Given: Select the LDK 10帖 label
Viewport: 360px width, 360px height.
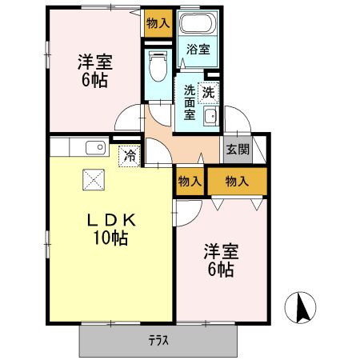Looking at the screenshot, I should [x=110, y=229].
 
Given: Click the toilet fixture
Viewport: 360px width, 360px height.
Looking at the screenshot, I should [x=157, y=66].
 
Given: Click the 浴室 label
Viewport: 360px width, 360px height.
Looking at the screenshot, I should [x=198, y=50].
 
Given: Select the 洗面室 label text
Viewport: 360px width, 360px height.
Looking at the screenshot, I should [x=189, y=102].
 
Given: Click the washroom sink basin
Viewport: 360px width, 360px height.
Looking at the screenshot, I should [x=210, y=118].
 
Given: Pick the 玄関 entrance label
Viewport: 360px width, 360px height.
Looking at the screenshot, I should [x=238, y=149].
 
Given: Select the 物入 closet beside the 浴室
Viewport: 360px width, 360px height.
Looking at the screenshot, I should [x=158, y=23].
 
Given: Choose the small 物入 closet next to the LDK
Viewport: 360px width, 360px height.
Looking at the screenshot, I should [x=190, y=182].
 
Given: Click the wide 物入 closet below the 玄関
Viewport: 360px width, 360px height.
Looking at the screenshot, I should [x=237, y=182].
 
